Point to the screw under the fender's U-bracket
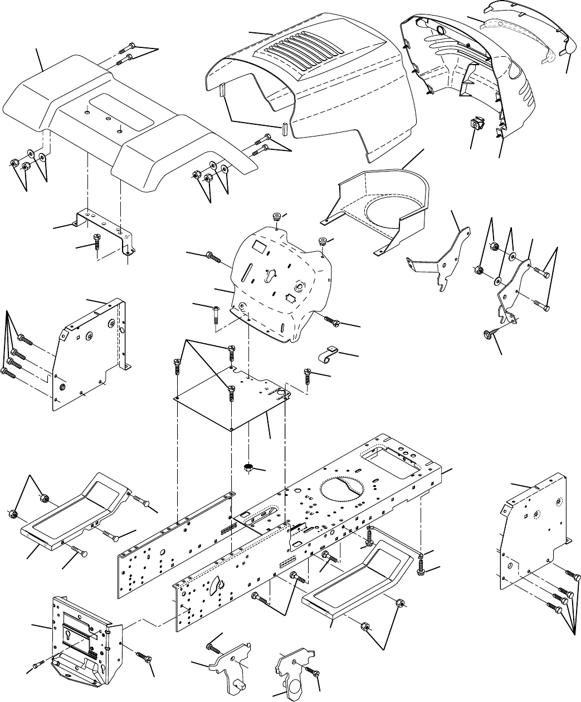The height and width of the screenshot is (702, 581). [x=97, y=242]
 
